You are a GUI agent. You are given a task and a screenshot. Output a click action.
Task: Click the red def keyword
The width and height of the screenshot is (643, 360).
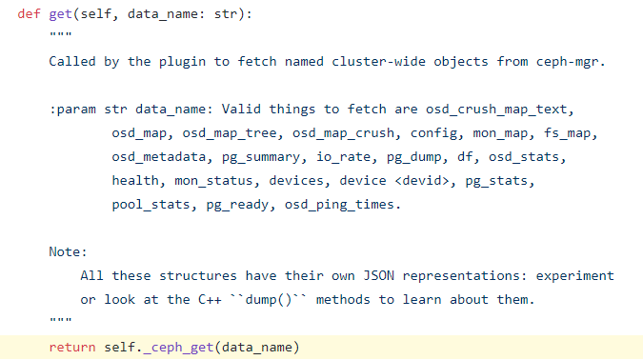click(29, 14)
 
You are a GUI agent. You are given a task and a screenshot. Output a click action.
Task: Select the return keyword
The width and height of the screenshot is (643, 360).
click(72, 348)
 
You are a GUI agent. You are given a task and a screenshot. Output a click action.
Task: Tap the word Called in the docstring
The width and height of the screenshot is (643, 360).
click(72, 62)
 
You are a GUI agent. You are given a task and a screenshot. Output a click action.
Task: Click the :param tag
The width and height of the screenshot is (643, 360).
click(72, 110)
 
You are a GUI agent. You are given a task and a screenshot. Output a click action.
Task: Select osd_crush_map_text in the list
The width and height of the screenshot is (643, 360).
click(496, 110)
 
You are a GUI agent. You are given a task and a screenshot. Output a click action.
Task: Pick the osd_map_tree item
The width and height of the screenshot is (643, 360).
click(230, 133)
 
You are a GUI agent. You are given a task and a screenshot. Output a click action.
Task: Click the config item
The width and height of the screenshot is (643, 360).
click(433, 133)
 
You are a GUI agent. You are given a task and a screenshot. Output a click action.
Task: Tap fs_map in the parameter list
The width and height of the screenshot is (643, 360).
click(567, 133)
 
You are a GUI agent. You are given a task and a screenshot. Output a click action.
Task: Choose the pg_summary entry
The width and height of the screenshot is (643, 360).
click(261, 157)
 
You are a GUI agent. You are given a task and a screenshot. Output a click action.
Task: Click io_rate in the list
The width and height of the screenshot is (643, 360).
click(343, 157)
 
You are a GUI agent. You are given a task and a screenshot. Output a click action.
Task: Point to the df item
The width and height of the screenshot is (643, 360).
click(465, 156)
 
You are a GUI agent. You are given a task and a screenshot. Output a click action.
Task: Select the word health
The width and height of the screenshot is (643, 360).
click(135, 180)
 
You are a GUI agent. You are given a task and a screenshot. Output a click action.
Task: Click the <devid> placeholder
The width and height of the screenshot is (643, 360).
click(422, 181)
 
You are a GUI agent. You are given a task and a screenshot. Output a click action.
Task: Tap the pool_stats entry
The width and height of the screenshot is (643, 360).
click(151, 205)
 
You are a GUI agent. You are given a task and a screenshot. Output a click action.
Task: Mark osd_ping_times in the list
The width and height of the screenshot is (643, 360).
click(339, 205)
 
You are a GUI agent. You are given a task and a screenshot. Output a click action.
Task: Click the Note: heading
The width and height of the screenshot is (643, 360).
click(68, 251)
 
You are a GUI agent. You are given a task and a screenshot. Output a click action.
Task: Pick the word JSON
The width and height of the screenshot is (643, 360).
click(379, 275)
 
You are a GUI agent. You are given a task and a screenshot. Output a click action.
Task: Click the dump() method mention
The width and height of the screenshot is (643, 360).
click(269, 300)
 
